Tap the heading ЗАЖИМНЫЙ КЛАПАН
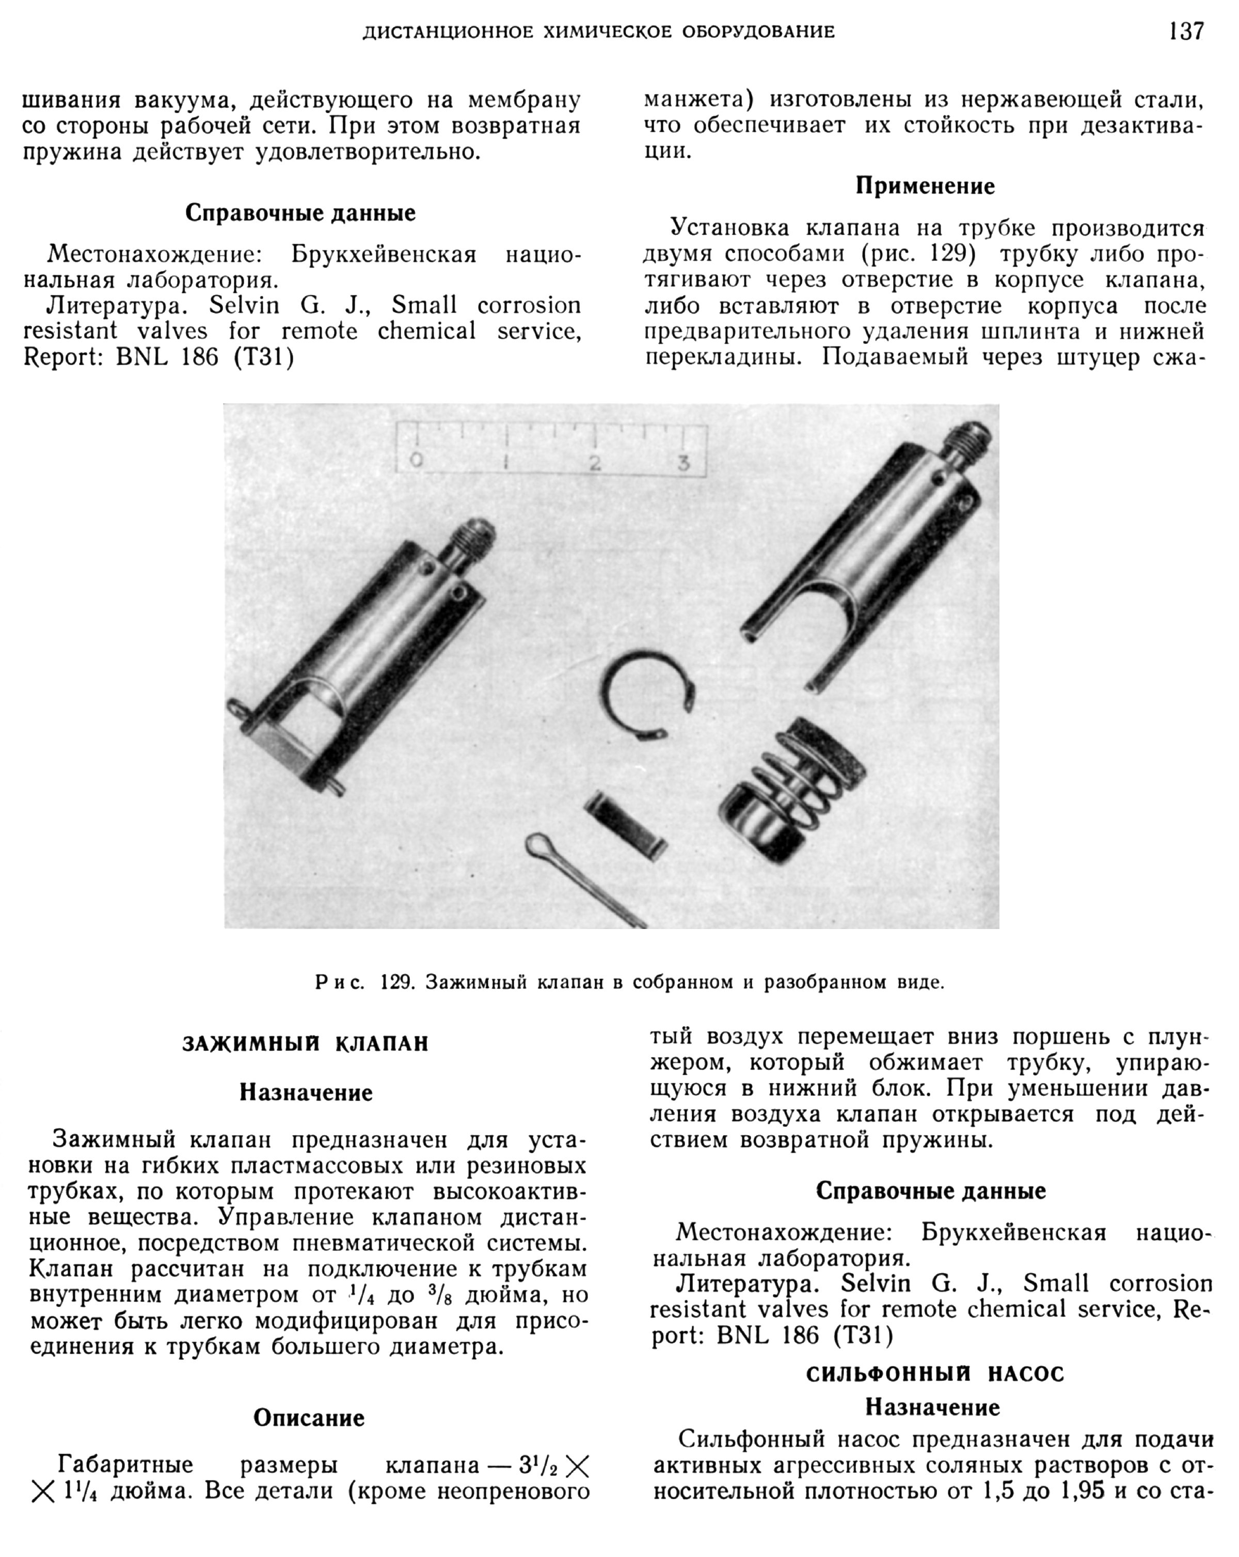306,1044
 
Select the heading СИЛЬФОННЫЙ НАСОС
935,1374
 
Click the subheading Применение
925,186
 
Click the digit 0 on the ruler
416,460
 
